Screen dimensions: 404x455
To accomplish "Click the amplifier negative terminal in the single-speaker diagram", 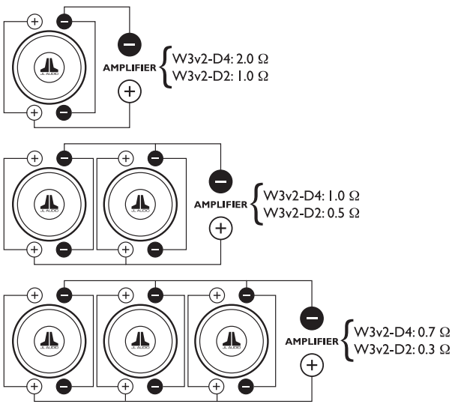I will tap(130, 45).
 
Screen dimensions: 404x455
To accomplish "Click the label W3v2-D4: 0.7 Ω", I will tap(402, 331).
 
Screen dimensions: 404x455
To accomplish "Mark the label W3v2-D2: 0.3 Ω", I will tap(402, 349).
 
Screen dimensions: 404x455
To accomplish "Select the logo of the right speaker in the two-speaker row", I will tap(140, 204).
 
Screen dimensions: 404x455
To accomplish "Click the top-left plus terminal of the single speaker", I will tap(34, 22).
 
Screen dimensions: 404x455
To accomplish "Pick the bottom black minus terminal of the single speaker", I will tap(64, 113).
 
